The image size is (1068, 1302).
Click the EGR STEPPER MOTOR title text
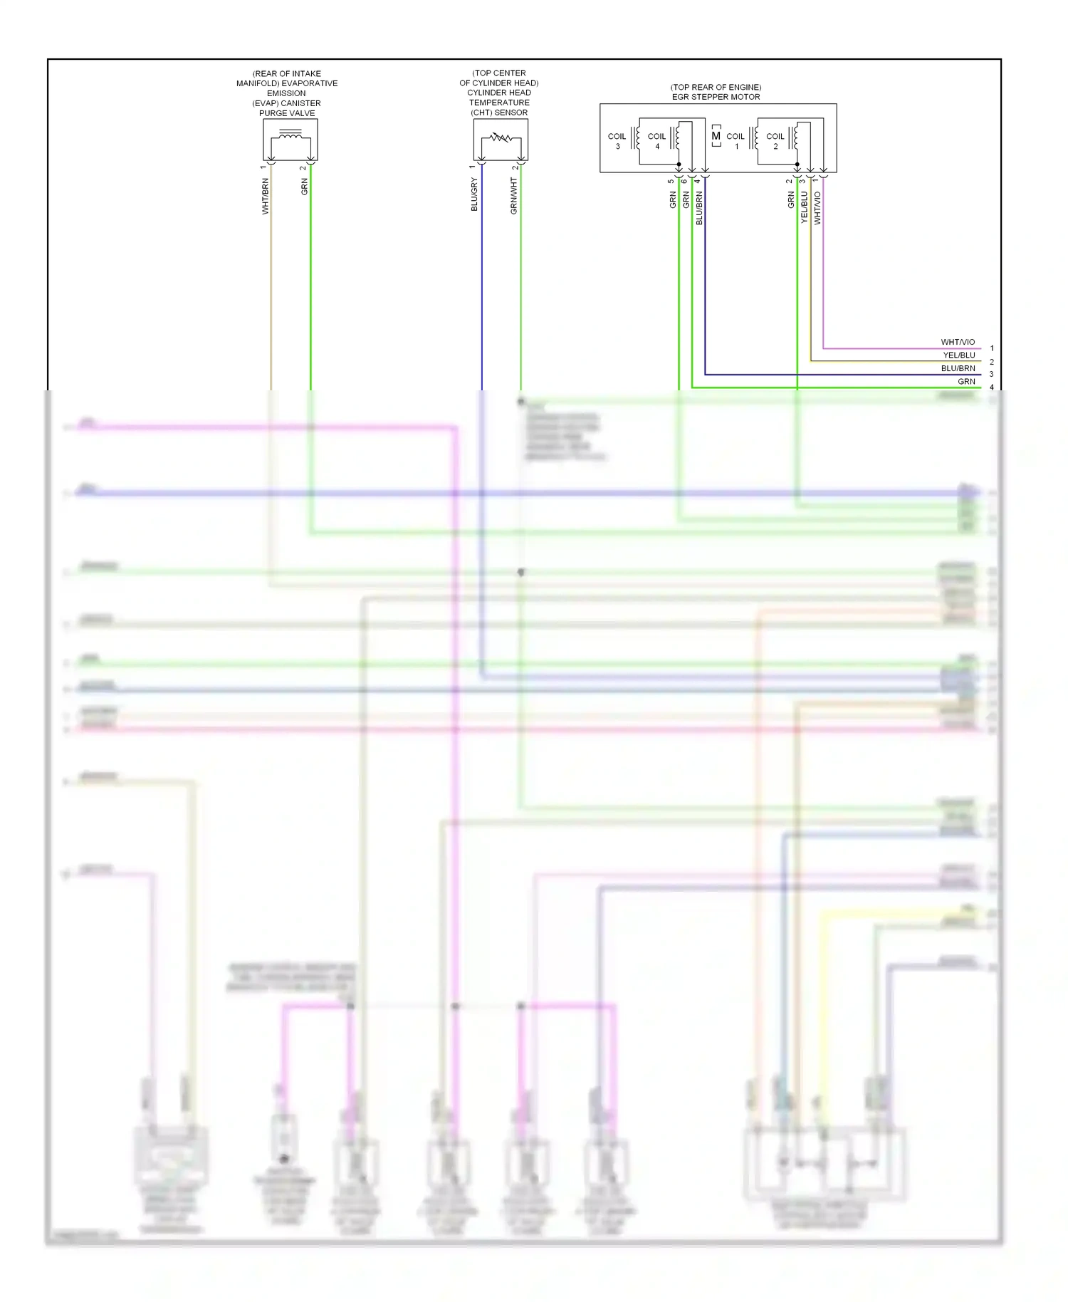(716, 97)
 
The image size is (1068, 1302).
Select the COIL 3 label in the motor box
(617, 141)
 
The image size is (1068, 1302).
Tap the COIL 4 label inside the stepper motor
(656, 141)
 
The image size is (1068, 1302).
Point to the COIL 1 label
(735, 141)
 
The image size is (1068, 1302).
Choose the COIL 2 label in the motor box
(775, 141)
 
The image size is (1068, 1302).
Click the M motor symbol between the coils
(716, 136)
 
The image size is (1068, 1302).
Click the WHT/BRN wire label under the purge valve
(266, 197)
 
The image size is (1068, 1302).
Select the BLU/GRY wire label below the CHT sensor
(474, 194)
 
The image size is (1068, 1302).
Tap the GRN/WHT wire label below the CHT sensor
(513, 196)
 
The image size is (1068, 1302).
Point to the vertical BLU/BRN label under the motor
(699, 208)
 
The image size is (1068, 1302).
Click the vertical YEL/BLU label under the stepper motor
(805, 207)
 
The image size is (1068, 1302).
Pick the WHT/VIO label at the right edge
(958, 343)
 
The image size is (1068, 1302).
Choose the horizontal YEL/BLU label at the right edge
(959, 355)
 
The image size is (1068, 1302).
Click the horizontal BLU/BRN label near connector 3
(958, 369)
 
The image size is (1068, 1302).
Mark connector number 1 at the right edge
(992, 349)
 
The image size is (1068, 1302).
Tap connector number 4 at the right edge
(992, 387)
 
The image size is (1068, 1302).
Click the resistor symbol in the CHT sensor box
(501, 137)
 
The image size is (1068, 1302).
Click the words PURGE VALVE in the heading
(287, 113)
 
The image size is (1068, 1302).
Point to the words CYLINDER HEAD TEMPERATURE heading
(499, 98)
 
